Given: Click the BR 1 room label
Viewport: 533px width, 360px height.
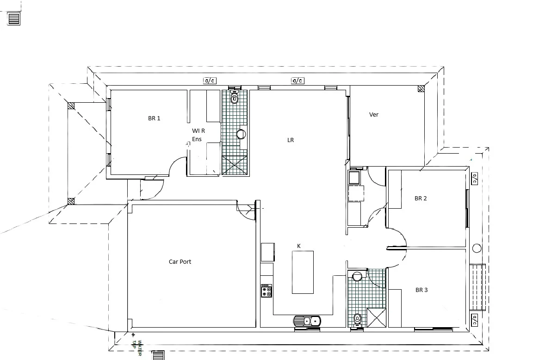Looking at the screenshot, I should (154, 118).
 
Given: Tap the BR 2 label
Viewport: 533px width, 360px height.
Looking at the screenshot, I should (421, 199).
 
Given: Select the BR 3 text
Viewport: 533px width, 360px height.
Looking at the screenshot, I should (421, 290).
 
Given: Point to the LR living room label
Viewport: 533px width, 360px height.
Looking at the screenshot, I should (291, 140).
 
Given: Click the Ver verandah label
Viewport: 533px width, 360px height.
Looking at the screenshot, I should (374, 114).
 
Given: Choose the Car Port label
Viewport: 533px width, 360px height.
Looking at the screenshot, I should (180, 262).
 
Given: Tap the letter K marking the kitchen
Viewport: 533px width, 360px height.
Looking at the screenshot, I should (299, 246).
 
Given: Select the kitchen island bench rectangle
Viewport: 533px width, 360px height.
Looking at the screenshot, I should (303, 272).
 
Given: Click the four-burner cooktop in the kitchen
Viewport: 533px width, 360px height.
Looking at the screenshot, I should (266, 291).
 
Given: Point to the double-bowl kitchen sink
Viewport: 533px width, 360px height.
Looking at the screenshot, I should (307, 321).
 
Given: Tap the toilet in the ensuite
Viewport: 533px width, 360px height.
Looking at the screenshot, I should (235, 98).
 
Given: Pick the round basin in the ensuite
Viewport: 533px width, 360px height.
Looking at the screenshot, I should (241, 134).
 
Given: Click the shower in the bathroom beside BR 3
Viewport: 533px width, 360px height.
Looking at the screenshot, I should (376, 317).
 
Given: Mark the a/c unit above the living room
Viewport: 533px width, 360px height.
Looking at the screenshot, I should (297, 81).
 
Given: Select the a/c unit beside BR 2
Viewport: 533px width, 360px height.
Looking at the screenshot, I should (475, 179).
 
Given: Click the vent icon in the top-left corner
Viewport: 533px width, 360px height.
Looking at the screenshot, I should (14, 19).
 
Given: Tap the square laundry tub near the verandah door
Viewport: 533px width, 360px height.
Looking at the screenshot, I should (355, 177).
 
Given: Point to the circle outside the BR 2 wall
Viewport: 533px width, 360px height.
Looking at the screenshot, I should (477, 248).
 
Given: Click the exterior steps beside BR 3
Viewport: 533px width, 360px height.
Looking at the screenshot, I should (477, 287).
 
